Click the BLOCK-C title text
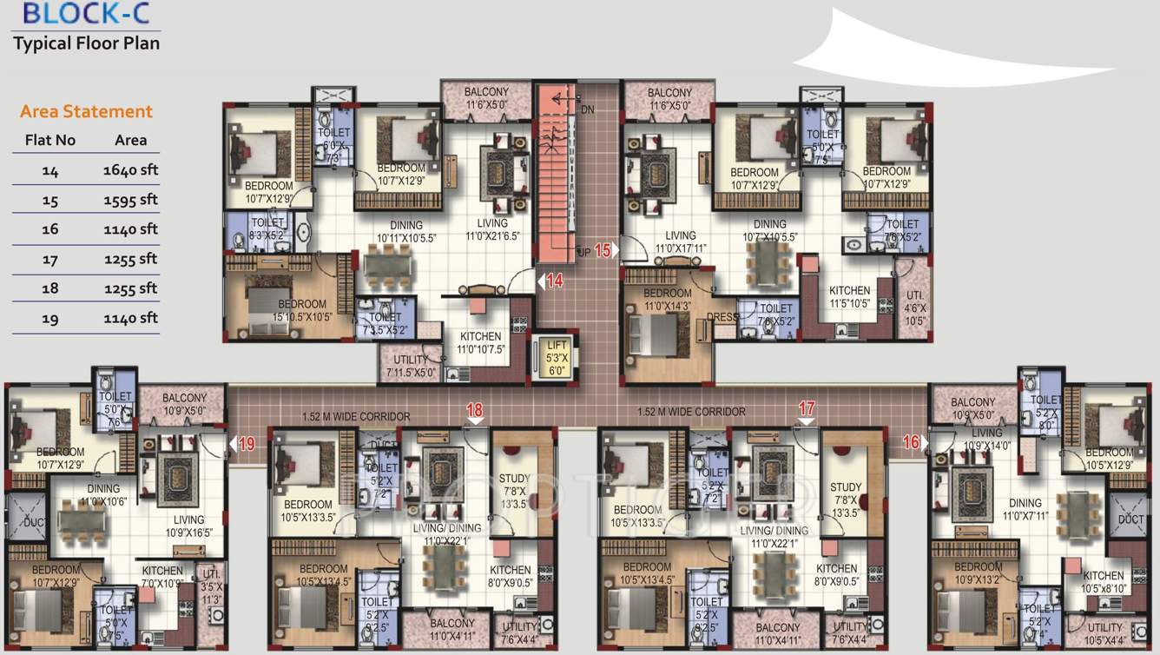[74, 13]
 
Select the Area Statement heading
[86, 111]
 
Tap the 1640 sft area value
[130, 170]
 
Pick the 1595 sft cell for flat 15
[130, 200]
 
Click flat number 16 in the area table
[49, 229]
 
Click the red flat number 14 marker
[555, 281]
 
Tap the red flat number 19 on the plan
[247, 444]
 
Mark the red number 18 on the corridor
[474, 410]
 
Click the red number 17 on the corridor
[807, 407]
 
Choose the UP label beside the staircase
[584, 252]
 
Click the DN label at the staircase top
[587, 109]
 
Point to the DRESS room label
[722, 317]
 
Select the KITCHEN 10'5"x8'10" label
[1104, 581]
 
